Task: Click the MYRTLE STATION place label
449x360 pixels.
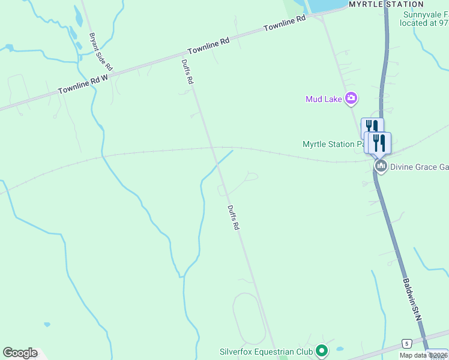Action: tap(386, 4)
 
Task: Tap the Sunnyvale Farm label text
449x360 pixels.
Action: tap(426, 14)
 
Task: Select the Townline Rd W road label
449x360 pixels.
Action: tap(82, 83)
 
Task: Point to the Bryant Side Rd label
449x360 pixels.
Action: tap(100, 52)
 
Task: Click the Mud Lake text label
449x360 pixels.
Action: tap(323, 99)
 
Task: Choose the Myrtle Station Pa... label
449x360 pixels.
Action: tap(333, 144)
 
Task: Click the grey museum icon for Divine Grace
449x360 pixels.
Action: tap(380, 166)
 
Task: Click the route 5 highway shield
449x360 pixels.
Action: tap(406, 343)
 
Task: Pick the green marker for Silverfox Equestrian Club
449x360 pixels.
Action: tap(322, 350)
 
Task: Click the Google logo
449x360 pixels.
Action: tap(20, 353)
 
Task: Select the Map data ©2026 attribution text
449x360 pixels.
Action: tap(424, 355)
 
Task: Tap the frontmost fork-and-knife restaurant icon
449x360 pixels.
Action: tap(379, 143)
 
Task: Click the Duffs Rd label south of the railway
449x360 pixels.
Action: tap(233, 218)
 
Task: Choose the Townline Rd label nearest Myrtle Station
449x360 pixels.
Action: tap(285, 23)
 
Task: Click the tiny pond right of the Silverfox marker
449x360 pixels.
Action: tap(340, 349)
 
